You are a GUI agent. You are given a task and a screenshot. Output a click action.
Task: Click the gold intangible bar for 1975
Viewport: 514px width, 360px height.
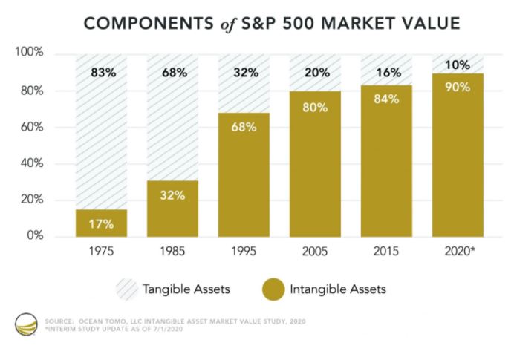(x=101, y=223)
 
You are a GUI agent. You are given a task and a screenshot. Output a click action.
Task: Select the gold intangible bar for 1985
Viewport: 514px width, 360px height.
(x=173, y=209)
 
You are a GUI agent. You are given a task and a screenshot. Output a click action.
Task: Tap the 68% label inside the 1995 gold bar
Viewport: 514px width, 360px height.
(x=244, y=127)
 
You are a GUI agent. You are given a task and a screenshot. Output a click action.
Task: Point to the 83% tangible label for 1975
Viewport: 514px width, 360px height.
(x=103, y=73)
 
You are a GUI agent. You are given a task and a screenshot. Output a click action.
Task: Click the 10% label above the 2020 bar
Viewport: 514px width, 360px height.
(x=458, y=65)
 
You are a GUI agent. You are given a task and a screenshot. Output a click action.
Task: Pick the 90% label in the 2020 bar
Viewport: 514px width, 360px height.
(x=458, y=87)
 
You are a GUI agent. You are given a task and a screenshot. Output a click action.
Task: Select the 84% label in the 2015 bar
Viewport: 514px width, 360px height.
(x=386, y=99)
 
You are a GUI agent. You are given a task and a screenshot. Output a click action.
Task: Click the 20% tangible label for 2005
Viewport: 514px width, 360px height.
(x=317, y=73)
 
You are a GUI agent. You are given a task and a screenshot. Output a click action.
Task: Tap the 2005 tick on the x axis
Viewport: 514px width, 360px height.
(x=315, y=251)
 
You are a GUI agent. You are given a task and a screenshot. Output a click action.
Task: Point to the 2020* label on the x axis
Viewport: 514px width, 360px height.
(x=460, y=251)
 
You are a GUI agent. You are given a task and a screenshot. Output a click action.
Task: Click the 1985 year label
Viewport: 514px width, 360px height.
(x=172, y=251)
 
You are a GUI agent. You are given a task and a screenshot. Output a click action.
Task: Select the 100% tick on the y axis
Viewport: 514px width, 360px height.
(x=29, y=52)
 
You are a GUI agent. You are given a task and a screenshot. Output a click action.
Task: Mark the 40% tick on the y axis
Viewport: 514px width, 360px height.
(x=32, y=163)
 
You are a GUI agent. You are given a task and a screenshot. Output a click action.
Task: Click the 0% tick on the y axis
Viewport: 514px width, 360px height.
(x=35, y=235)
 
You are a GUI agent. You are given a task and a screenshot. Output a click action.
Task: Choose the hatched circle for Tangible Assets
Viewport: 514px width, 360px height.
(x=127, y=289)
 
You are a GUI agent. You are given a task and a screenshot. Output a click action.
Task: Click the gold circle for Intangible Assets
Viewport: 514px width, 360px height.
(x=273, y=289)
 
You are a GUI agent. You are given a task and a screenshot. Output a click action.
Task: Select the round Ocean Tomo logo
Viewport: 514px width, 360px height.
(x=26, y=324)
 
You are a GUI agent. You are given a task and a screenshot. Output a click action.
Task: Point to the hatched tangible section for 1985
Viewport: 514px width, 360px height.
(x=173, y=117)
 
